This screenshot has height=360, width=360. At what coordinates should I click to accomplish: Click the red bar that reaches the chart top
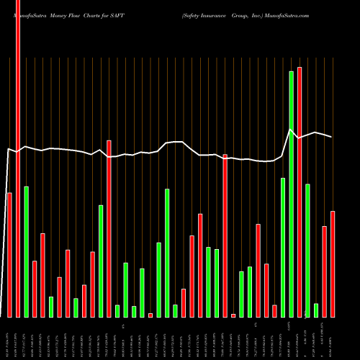point(18,158)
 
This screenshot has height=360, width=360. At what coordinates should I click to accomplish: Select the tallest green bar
point(291,194)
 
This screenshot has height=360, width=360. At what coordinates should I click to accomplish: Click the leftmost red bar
point(9,255)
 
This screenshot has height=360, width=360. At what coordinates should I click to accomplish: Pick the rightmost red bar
point(333,264)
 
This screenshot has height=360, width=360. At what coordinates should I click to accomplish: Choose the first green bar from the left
point(26,252)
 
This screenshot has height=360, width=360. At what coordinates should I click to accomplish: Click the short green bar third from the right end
point(316,310)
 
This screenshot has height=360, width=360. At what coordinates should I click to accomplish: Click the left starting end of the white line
point(7,150)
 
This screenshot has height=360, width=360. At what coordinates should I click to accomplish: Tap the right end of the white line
point(332,137)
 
